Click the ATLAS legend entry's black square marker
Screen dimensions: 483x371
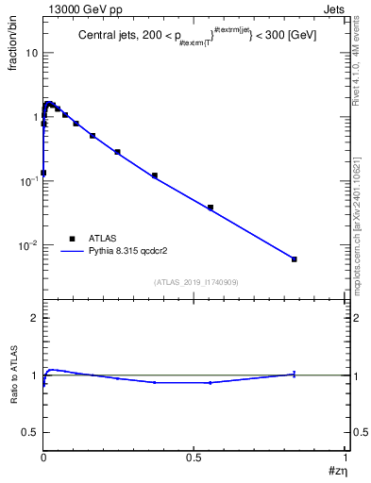[72, 239]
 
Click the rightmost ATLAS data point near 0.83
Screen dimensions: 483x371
[295, 259]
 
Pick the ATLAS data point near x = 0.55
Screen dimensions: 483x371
[211, 208]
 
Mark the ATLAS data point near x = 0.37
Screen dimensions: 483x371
[155, 175]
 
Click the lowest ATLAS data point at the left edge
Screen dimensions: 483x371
[43, 173]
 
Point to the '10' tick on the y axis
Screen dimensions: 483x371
[30, 53]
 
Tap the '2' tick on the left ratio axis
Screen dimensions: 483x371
[34, 318]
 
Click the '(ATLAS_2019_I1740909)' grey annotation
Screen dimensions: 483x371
[195, 282]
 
